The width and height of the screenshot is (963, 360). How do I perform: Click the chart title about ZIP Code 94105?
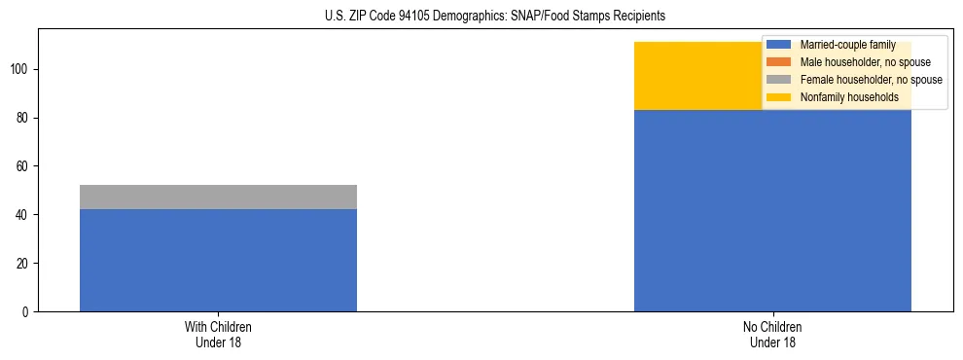tap(495, 17)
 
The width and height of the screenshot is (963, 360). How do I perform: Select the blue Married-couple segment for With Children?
tap(218, 260)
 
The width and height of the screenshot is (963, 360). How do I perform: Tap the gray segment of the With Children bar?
tap(218, 197)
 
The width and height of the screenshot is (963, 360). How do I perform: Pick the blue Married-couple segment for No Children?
tap(772, 210)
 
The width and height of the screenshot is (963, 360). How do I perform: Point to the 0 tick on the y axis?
tap(27, 311)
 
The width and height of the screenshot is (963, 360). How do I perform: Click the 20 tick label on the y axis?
tap(24, 263)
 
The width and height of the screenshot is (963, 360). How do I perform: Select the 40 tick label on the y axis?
tap(24, 214)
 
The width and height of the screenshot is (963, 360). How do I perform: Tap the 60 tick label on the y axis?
tap(24, 166)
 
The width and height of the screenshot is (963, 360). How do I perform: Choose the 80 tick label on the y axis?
tap(24, 118)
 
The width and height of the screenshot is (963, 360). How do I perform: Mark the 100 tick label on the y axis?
tap(21, 69)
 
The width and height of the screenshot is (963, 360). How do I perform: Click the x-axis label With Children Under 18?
tap(218, 334)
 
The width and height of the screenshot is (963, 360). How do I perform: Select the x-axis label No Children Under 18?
tap(772, 334)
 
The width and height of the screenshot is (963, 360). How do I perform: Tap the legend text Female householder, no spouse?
tap(871, 80)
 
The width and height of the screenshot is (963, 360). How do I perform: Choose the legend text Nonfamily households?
tap(848, 97)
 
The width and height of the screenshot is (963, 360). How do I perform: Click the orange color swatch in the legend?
tap(779, 62)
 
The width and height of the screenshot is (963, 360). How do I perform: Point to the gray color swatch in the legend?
tap(779, 80)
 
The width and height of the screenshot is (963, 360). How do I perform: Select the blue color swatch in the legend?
tap(779, 45)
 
